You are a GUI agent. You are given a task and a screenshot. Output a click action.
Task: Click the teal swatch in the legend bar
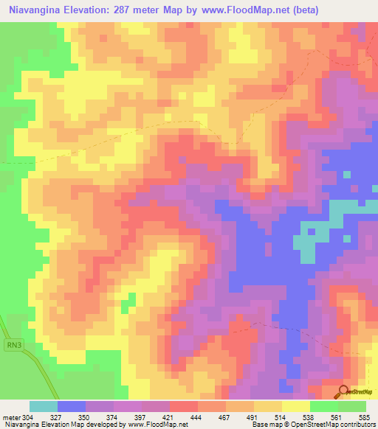click(44, 406)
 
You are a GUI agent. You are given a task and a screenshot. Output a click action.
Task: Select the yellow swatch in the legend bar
click(295, 406)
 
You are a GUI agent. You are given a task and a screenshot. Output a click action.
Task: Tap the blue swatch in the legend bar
click(72, 406)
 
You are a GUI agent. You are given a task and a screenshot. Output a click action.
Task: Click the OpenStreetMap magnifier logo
click(344, 391)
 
